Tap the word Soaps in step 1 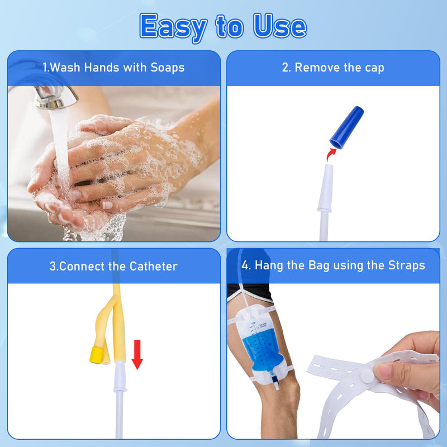point(167,68)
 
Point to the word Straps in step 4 point(406,265)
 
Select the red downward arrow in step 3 point(137,355)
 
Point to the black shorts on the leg point(251,292)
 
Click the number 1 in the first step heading point(45,68)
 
